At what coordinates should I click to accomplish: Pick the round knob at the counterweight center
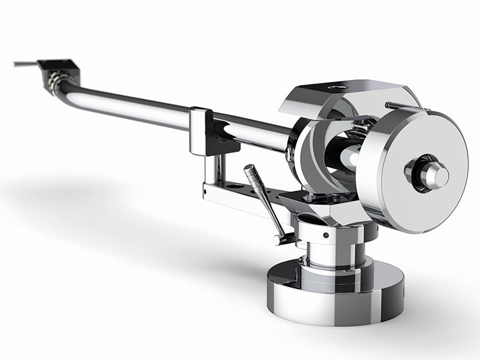(433, 174)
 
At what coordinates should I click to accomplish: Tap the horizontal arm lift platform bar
(240, 196)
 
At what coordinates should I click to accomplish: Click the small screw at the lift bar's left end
(205, 193)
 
